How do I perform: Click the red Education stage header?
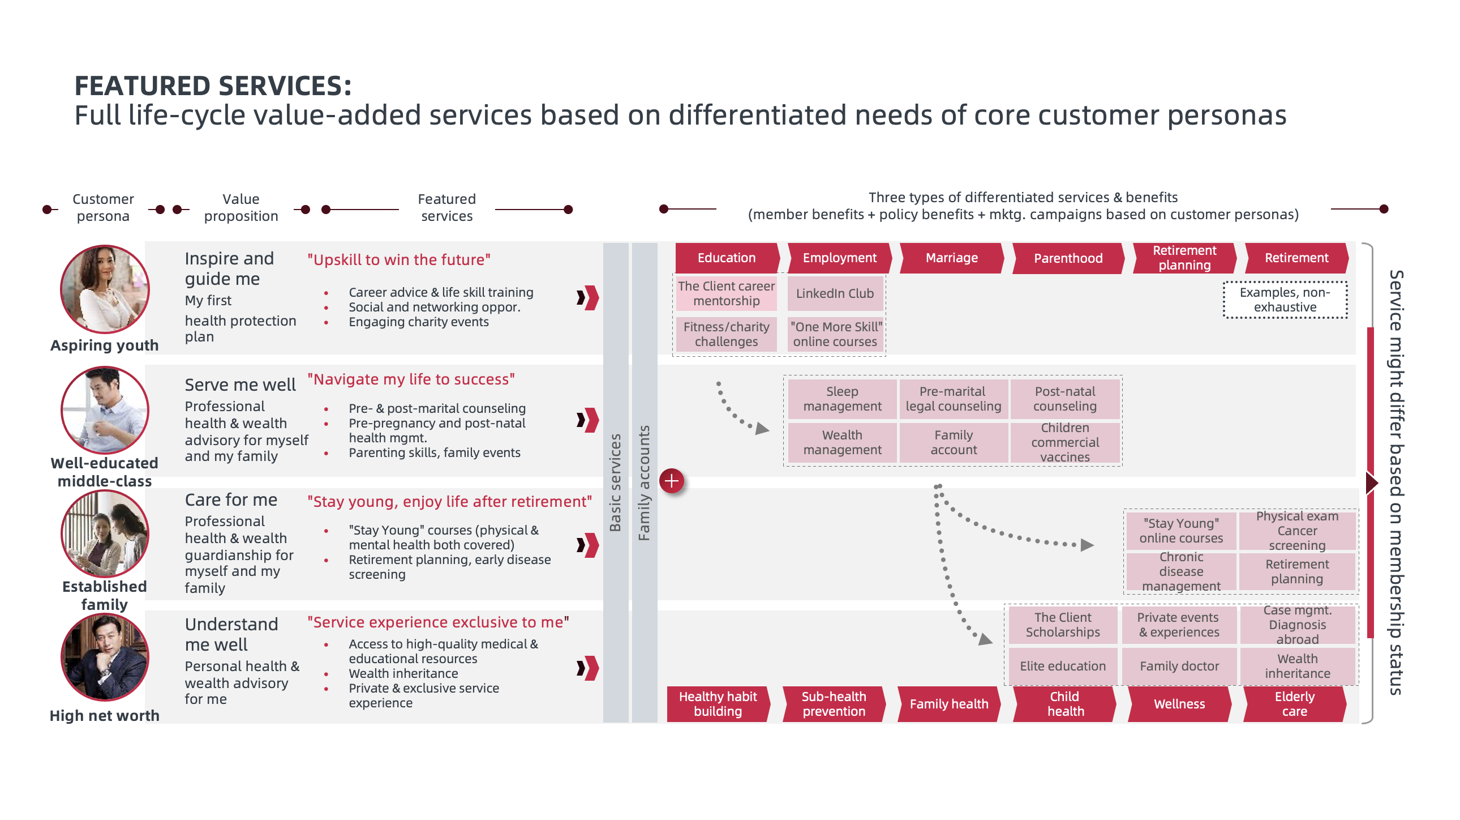click(x=726, y=258)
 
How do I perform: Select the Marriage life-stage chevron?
click(x=951, y=258)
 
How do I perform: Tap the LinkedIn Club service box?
click(x=834, y=293)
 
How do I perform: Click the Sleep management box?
click(x=841, y=399)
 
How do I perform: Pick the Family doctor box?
click(x=1179, y=667)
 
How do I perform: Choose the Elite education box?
click(x=1062, y=667)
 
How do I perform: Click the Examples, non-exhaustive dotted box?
click(x=1285, y=300)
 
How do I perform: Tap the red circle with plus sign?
click(x=671, y=481)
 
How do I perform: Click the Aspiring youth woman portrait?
click(x=105, y=289)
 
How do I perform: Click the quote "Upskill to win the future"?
click(x=398, y=260)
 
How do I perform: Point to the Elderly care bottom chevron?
click(x=1294, y=704)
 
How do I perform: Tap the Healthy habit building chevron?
click(x=718, y=704)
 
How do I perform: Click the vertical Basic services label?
click(x=615, y=482)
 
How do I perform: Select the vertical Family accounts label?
click(x=644, y=482)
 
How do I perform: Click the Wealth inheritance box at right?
click(x=1297, y=667)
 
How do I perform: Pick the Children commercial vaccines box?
click(x=1064, y=442)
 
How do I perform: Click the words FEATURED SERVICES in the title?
click(x=213, y=86)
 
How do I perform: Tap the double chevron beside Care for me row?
click(x=587, y=545)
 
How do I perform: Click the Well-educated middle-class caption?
click(x=105, y=472)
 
